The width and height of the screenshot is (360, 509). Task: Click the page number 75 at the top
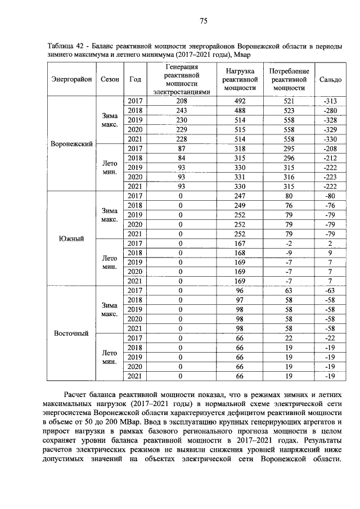204,21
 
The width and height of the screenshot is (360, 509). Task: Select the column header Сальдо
330,79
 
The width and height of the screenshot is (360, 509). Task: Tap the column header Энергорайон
71,79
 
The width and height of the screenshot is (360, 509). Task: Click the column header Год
135,79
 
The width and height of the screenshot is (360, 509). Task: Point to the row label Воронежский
71,144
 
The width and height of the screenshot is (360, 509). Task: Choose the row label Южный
71,238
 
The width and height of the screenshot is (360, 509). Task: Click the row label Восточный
71,333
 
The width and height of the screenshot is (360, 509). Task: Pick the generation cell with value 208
181,101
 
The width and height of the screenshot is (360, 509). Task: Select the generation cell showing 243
181,110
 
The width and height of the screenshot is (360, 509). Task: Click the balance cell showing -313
330,101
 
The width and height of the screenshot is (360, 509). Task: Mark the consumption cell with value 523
289,110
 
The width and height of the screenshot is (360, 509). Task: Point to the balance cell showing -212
330,158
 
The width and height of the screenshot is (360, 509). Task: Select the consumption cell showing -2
289,243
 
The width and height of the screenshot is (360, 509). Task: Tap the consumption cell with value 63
289,290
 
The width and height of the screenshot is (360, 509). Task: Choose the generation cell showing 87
181,148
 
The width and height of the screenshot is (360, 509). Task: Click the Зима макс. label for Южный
109,214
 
